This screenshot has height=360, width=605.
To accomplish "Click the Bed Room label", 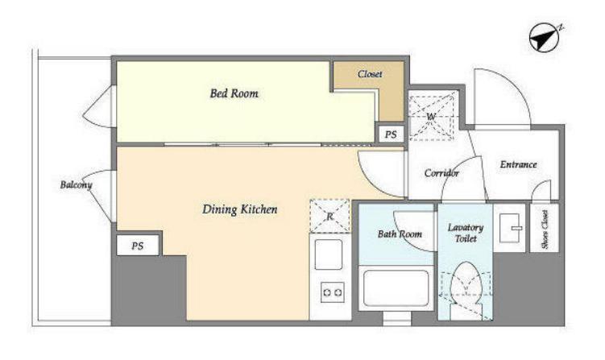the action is pyautogui.click(x=234, y=93).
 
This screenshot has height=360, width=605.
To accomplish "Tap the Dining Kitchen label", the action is pyautogui.click(x=239, y=209).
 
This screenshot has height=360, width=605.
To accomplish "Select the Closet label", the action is pyautogui.click(x=370, y=74).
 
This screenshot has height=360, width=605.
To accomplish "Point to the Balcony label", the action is pyautogui.click(x=76, y=184).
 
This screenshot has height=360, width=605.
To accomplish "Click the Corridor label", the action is pyautogui.click(x=441, y=173).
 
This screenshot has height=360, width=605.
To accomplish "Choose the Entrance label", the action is pyautogui.click(x=518, y=165).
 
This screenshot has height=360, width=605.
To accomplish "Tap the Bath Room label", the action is pyautogui.click(x=400, y=234).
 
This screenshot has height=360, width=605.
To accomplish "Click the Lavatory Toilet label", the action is pyautogui.click(x=466, y=233).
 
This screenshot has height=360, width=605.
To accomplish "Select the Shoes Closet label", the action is pyautogui.click(x=545, y=230).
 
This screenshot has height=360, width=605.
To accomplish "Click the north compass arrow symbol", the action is pyautogui.click(x=544, y=38).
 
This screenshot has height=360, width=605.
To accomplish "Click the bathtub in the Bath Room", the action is pyautogui.click(x=396, y=288).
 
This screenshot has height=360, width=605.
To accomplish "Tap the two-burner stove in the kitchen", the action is pyautogui.click(x=332, y=292).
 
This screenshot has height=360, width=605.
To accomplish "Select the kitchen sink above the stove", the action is pyautogui.click(x=329, y=254).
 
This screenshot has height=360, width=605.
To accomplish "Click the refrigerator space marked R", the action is pyautogui.click(x=329, y=216).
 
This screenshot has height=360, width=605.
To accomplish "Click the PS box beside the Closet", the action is pyautogui.click(x=391, y=134).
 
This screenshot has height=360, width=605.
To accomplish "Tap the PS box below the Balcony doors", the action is pyautogui.click(x=138, y=246).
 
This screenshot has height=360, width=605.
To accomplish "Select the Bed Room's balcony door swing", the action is pyautogui.click(x=97, y=106).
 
